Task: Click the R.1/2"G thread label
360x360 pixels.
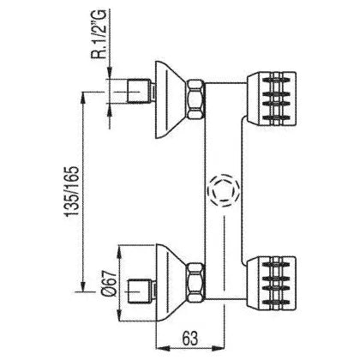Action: pyautogui.click(x=99, y=34)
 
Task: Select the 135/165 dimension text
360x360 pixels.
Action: pyautogui.click(x=71, y=191)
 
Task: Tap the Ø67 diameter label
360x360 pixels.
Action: pyautogui.click(x=110, y=283)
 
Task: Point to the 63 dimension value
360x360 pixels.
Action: pyautogui.click(x=190, y=339)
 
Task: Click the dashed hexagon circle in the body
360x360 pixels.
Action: pyautogui.click(x=224, y=190)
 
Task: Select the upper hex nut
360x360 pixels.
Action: pyautogui.click(x=196, y=99)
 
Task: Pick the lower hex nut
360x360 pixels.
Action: pyautogui.click(x=196, y=282)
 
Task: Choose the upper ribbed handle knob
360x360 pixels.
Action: pyautogui.click(x=272, y=99)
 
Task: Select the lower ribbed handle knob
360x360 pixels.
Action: pyautogui.click(x=272, y=283)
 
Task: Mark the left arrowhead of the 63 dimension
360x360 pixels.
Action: pyautogui.click(x=162, y=349)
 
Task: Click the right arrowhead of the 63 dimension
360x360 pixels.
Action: pyautogui.click(x=219, y=349)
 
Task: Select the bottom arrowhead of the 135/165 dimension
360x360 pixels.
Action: pyautogui.click(x=83, y=285)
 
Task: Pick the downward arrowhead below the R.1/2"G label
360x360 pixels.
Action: pyautogui.click(x=110, y=71)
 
